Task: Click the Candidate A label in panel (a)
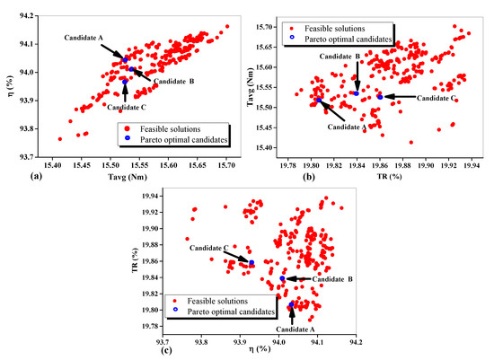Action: click(x=83, y=38)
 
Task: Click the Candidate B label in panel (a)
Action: click(x=174, y=82)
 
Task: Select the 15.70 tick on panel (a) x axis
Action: click(x=226, y=164)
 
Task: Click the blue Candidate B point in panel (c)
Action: click(x=282, y=278)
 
